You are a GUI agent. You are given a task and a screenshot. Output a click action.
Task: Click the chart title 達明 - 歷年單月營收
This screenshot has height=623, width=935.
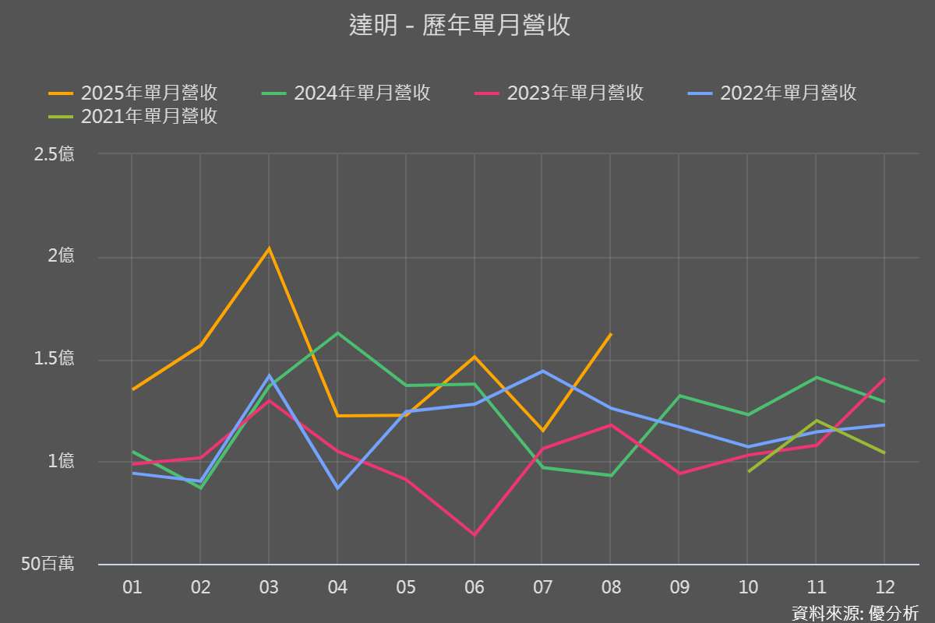pos(460,25)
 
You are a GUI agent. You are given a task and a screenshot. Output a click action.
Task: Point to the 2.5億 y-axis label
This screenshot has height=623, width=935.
pos(55,154)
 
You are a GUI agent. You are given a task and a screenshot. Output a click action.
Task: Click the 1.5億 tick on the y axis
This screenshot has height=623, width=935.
pos(55,359)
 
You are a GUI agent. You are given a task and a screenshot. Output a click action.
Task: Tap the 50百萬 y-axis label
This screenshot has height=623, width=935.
pos(48,564)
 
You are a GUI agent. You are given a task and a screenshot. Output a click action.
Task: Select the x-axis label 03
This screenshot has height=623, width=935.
pos(269,587)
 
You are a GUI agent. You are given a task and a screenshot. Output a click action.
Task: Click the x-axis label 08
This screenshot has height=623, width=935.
pos(611,587)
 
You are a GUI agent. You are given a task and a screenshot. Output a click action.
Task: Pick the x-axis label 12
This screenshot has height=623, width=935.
pos(884,587)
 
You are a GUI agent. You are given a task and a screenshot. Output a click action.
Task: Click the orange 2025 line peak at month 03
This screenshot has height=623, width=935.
pos(269,249)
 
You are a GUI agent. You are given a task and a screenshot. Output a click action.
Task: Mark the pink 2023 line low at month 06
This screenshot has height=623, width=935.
pos(474,535)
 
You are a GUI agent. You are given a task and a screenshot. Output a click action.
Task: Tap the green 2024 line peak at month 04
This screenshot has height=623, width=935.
pos(337,333)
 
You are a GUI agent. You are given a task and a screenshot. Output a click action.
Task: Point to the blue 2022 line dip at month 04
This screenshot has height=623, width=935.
pos(337,488)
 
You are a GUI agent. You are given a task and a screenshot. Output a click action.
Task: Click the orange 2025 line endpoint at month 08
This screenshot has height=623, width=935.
pos(611,334)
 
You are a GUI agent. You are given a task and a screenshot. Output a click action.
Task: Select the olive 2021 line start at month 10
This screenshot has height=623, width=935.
pos(748,471)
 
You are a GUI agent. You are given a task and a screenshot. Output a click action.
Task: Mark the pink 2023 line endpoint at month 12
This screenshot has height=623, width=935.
pos(884,378)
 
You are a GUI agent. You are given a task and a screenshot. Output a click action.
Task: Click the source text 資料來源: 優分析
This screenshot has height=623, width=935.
pos(855,612)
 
